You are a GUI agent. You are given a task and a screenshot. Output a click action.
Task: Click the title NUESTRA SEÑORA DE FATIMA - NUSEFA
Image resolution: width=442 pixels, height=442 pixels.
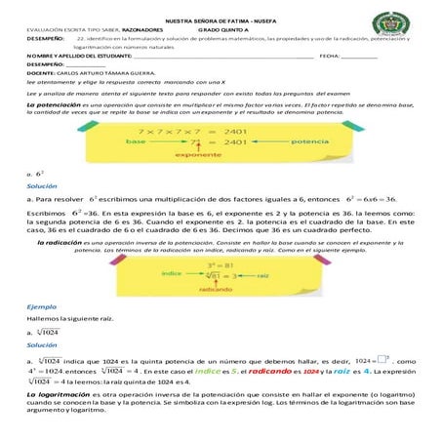(x=221, y=20)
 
